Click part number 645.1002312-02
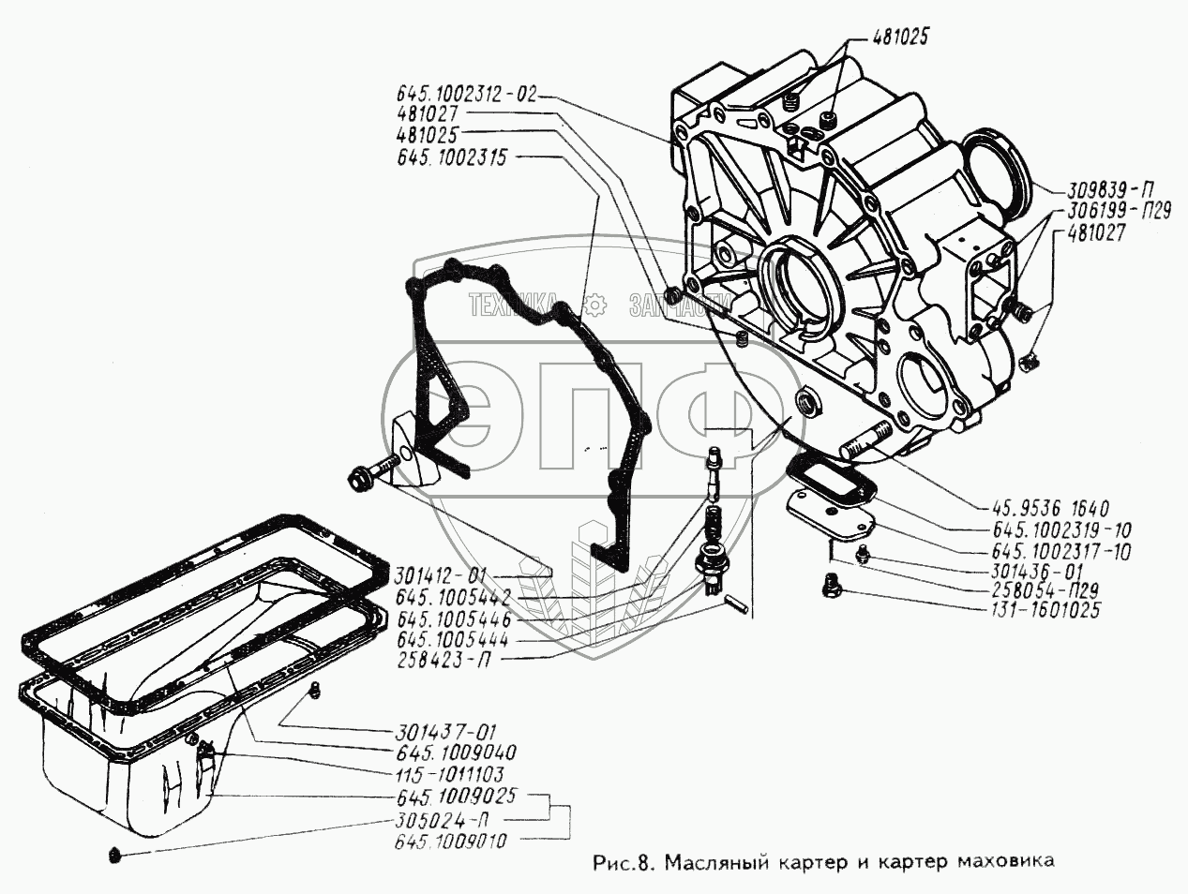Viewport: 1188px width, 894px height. click(466, 94)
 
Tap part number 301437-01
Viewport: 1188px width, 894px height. click(442, 733)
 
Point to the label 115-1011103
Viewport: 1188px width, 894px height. click(449, 774)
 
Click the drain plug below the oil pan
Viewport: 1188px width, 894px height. click(114, 855)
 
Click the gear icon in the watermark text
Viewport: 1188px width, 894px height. click(593, 304)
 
